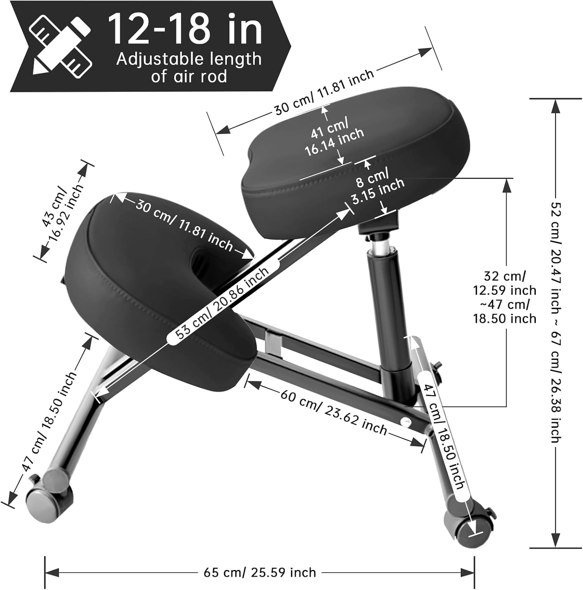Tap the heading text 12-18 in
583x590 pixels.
pyautogui.click(x=185, y=29)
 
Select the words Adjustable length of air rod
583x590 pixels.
pyautogui.click(x=189, y=67)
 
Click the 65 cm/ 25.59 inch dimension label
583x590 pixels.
pyautogui.click(x=260, y=572)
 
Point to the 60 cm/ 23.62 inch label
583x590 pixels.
pyautogui.click(x=334, y=412)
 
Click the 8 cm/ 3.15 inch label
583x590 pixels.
pyautogui.click(x=376, y=186)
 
